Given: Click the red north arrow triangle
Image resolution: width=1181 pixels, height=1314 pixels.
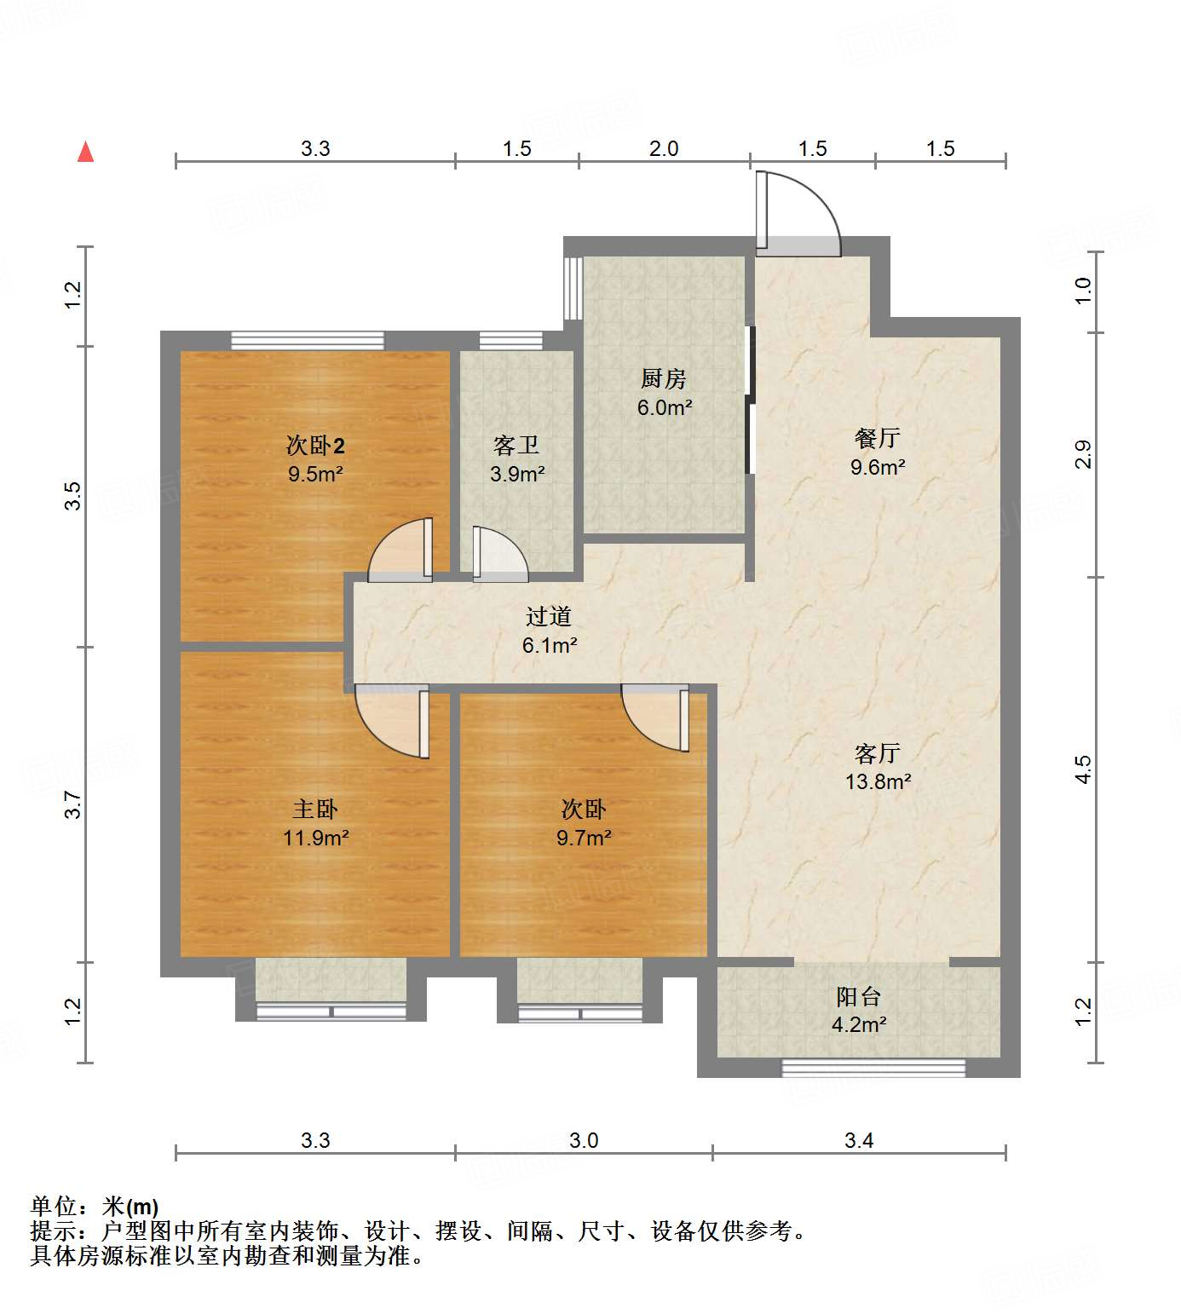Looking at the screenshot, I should [85, 153].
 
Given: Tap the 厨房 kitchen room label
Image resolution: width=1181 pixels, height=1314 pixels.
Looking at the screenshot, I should [663, 378].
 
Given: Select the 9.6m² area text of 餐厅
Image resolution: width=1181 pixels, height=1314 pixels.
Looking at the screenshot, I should [877, 467].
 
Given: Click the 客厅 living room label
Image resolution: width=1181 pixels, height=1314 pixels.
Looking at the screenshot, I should [877, 753].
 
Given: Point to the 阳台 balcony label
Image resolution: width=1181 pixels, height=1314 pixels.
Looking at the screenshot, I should [858, 996].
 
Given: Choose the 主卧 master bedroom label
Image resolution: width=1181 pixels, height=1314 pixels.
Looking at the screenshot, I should [315, 809].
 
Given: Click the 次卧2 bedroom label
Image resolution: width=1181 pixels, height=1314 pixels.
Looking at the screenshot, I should [315, 445].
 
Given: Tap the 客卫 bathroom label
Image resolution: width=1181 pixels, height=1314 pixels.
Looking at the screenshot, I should [516, 445].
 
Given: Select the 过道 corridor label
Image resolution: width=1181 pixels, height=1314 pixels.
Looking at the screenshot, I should [548, 616].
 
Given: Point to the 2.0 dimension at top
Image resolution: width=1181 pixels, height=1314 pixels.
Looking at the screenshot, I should [664, 148].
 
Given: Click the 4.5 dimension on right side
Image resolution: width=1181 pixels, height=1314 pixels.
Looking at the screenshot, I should [1082, 769].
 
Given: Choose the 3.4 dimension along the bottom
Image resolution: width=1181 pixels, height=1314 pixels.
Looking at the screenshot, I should [859, 1140].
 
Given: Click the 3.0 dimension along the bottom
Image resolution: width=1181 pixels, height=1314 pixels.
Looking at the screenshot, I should [584, 1140].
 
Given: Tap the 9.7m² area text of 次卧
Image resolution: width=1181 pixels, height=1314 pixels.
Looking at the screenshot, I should [584, 838].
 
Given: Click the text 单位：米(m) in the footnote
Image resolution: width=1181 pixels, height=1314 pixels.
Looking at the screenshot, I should [95, 1207].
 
